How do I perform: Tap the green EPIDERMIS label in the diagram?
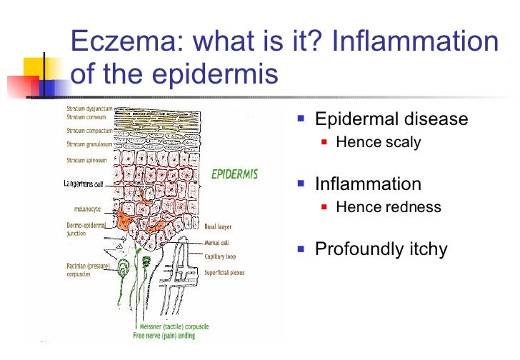[234, 174]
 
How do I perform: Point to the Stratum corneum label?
[84, 118]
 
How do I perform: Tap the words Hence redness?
[388, 208]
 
